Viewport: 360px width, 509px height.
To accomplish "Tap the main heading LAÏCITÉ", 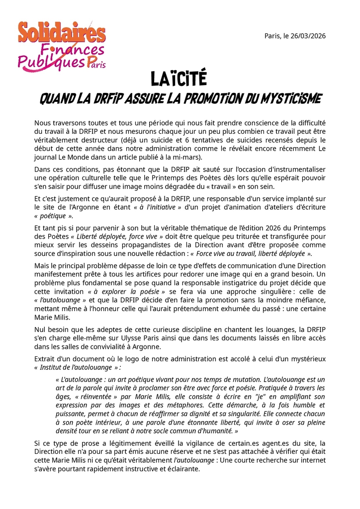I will click(x=179, y=79).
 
